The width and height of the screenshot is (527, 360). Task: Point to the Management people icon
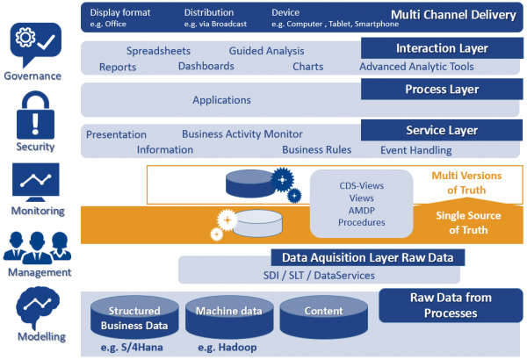coord(36,245)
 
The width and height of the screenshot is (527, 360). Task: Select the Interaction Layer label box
coord(430,48)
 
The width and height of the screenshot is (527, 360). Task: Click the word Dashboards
coord(206,67)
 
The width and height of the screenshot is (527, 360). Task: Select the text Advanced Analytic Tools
coord(416,67)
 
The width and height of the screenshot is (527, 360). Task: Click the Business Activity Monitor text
coord(242,134)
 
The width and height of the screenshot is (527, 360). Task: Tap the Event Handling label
coord(415,150)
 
